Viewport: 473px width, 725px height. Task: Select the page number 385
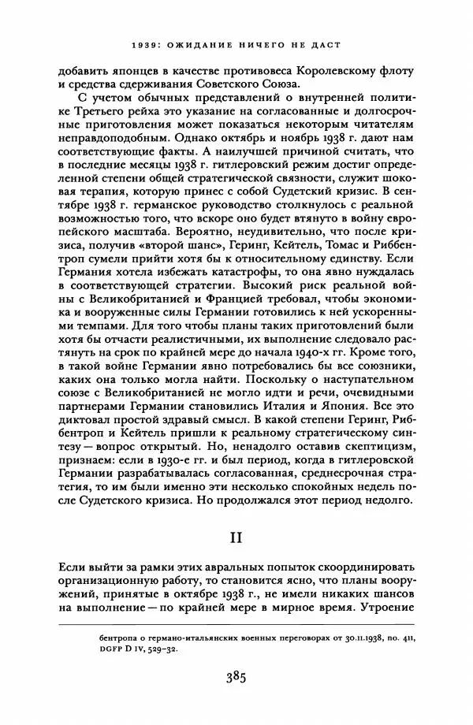click(x=237, y=676)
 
